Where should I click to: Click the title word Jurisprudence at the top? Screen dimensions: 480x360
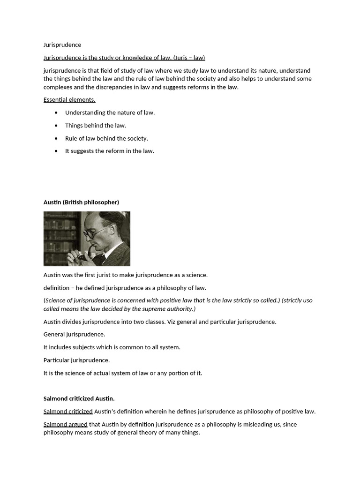point(62,45)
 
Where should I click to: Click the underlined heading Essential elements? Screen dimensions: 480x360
point(69,100)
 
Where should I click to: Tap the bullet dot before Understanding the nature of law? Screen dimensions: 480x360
point(56,112)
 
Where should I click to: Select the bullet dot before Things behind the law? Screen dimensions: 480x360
point(56,126)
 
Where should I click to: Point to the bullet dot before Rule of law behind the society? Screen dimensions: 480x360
point(56,138)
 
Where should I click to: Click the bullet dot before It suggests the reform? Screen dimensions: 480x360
point(56,151)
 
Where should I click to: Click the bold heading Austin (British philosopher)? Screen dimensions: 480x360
point(81,202)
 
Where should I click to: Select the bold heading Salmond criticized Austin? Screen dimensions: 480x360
point(79,398)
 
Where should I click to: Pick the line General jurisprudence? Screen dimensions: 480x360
point(74,335)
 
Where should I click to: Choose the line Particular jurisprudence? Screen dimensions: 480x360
point(76,360)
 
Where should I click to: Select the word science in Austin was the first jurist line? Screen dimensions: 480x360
point(195,275)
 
